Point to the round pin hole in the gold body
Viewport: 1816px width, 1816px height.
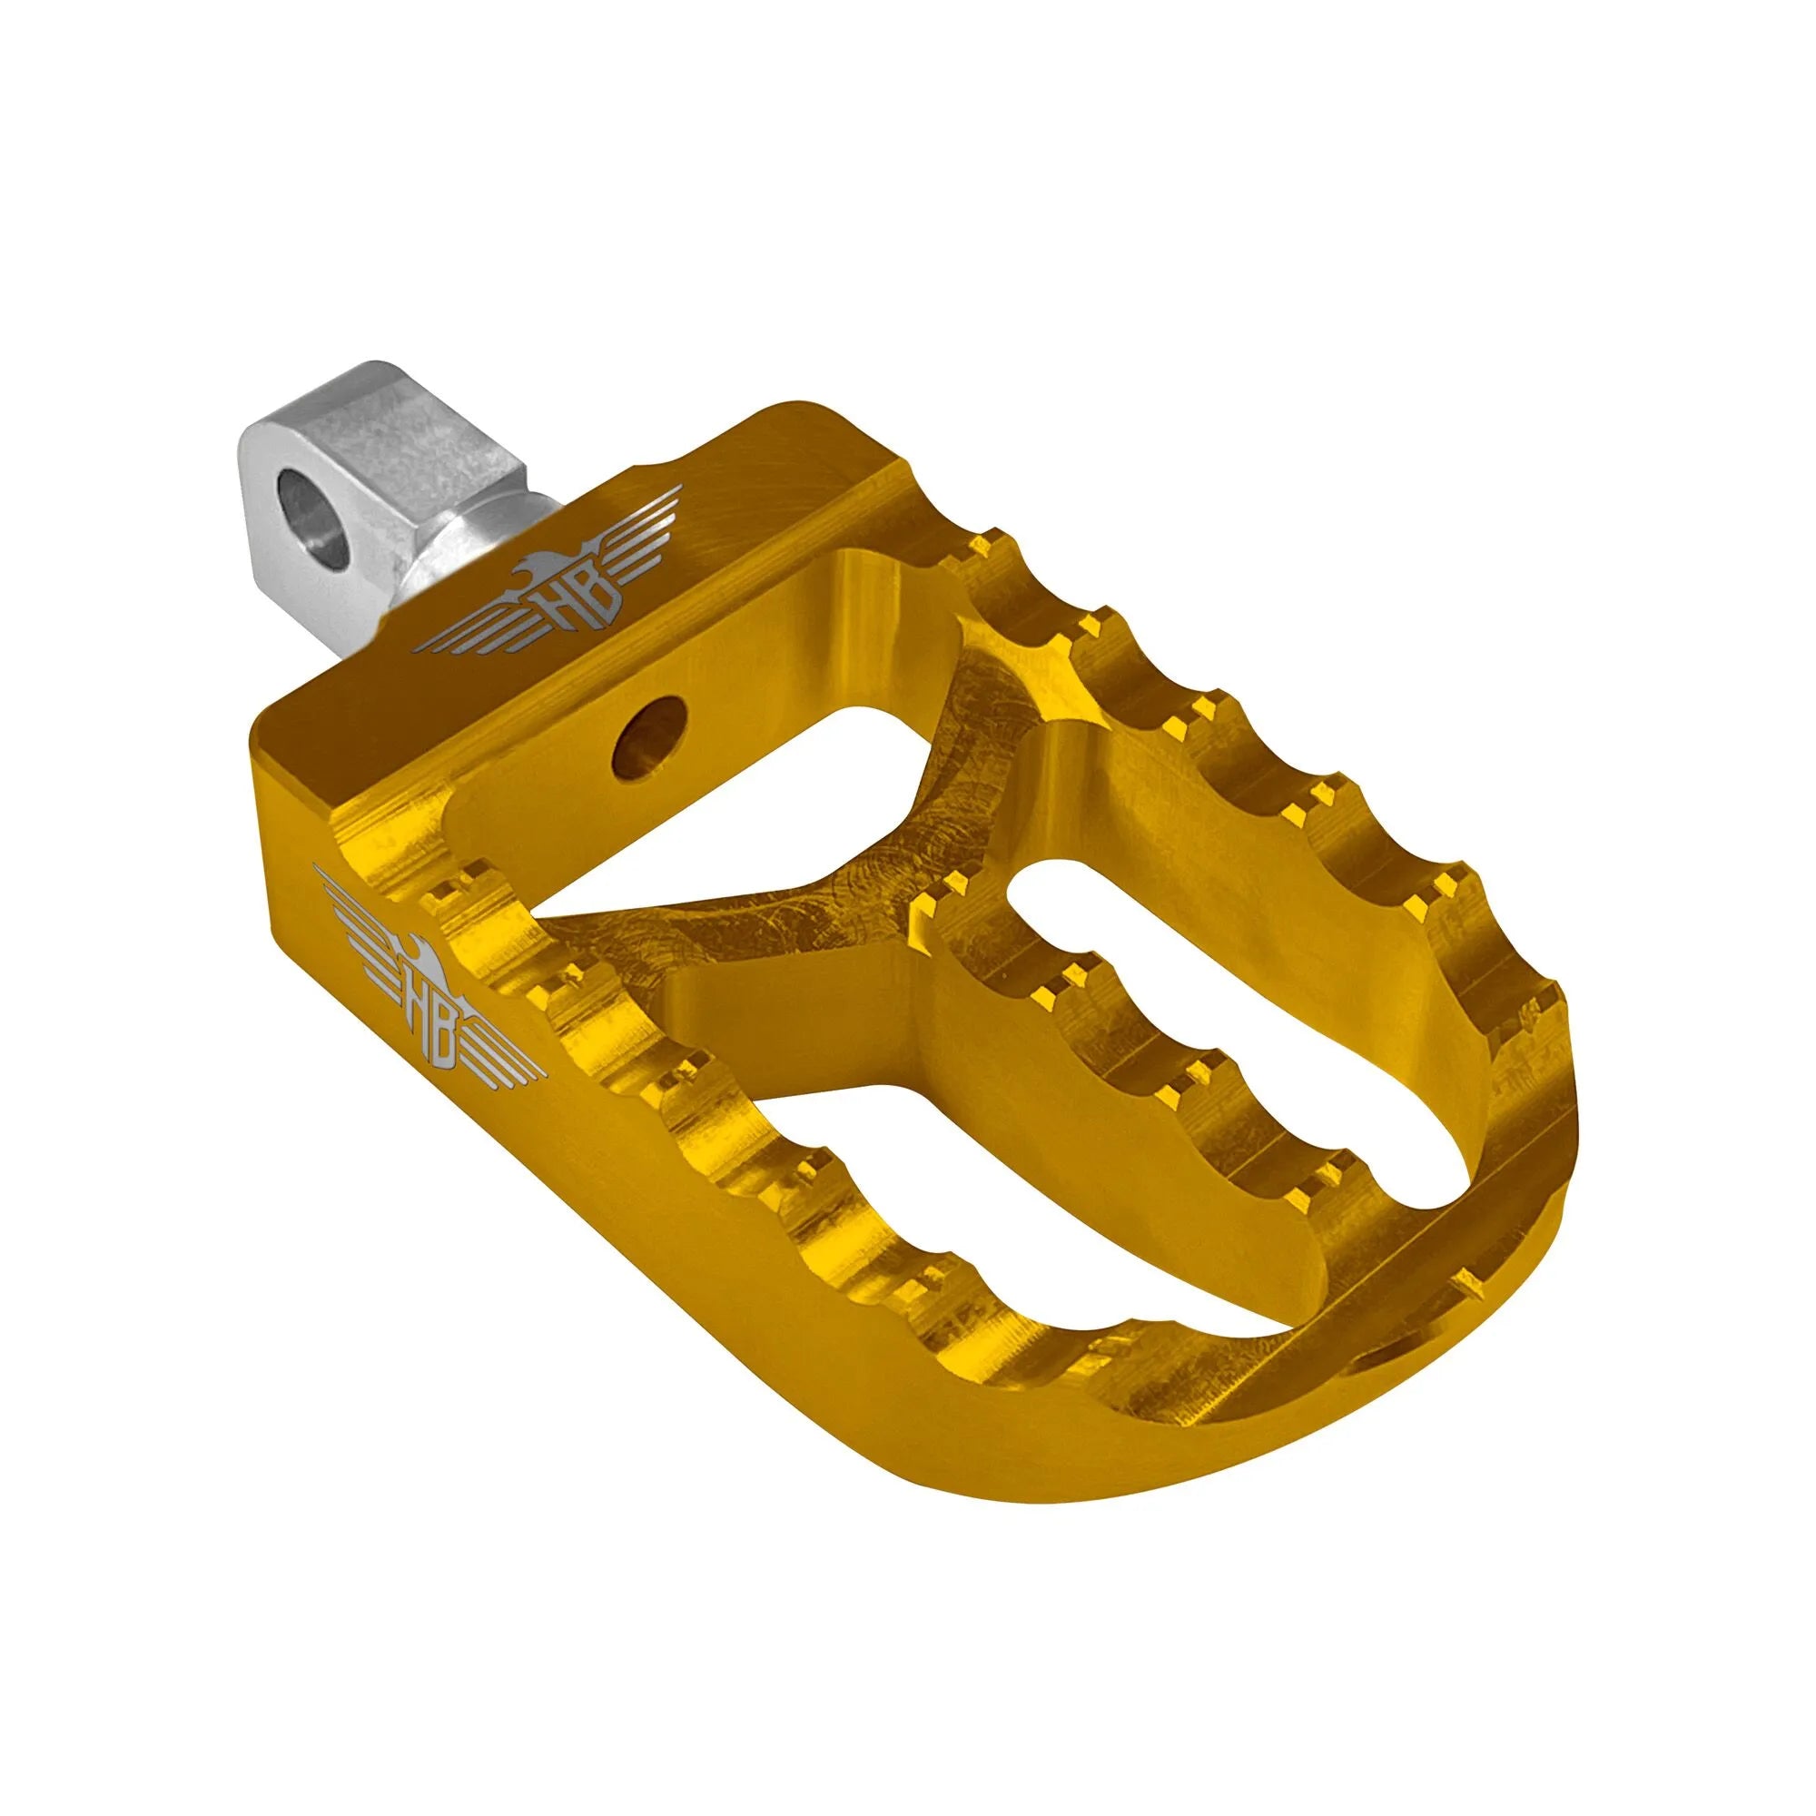point(647,723)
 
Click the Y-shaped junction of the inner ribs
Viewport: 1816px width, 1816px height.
point(836,950)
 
